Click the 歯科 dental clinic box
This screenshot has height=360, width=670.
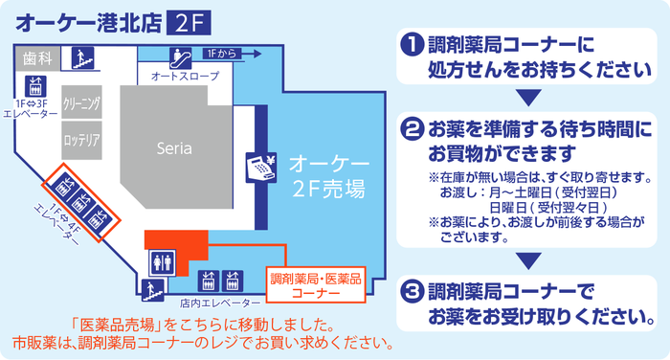[37, 58]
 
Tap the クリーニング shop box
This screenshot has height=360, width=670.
[81, 101]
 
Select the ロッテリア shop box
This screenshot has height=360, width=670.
[81, 140]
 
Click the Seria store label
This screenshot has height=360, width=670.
[174, 148]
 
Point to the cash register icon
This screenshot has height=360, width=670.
[261, 168]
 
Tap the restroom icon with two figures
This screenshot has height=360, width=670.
[163, 262]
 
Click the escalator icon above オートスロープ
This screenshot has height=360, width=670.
[180, 58]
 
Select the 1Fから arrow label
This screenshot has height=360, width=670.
[232, 54]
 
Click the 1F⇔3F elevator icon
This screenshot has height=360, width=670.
[35, 86]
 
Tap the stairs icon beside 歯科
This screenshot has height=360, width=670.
[83, 57]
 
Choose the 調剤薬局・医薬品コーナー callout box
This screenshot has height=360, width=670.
[316, 285]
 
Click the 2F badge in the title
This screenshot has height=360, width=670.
[189, 24]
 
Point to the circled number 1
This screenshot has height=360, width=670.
[413, 45]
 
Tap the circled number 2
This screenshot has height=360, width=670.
[413, 129]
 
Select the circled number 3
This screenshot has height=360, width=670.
[413, 292]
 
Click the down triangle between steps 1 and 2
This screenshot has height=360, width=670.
[528, 97]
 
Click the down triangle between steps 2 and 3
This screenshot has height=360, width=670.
[528, 260]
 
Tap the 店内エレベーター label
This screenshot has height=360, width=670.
[220, 304]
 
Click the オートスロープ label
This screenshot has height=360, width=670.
[186, 76]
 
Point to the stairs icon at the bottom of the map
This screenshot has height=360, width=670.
[153, 290]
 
